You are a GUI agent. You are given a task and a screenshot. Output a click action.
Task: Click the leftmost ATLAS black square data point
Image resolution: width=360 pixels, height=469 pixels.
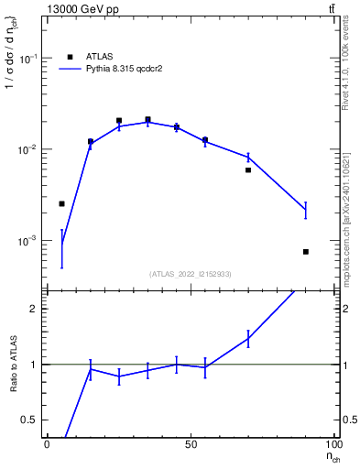(x=61, y=203)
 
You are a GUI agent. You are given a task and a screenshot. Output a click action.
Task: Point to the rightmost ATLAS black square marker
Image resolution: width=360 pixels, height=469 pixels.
(x=306, y=252)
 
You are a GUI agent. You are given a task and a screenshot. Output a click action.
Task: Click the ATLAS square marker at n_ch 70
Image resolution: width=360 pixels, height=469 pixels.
(x=248, y=169)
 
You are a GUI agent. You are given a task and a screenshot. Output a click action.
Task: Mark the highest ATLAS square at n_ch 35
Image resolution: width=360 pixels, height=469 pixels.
(x=147, y=119)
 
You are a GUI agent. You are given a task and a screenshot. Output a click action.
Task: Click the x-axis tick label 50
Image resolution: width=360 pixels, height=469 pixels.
(x=191, y=445)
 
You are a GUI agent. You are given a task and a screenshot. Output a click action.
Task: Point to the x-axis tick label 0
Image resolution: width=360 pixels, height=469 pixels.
(x=47, y=445)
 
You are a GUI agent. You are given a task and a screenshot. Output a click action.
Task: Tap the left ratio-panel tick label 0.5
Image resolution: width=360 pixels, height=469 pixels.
(x=32, y=420)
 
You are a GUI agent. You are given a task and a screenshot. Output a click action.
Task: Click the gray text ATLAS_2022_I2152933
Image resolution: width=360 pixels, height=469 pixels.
(x=191, y=274)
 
